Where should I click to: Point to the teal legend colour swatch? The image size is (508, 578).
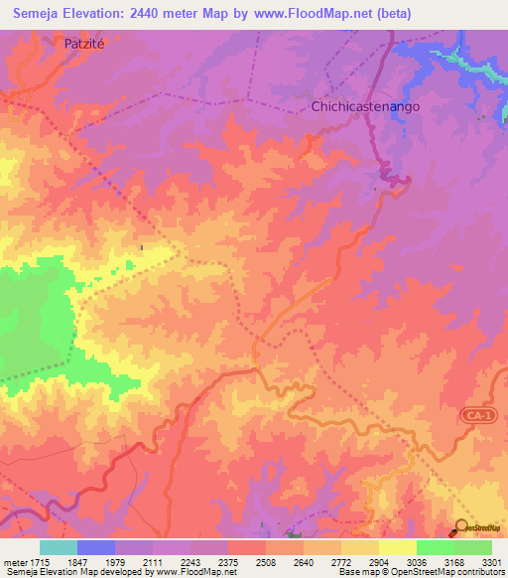click(59, 547)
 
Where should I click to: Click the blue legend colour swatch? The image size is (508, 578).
click(96, 547)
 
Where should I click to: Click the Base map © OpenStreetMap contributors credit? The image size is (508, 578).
click(420, 572)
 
